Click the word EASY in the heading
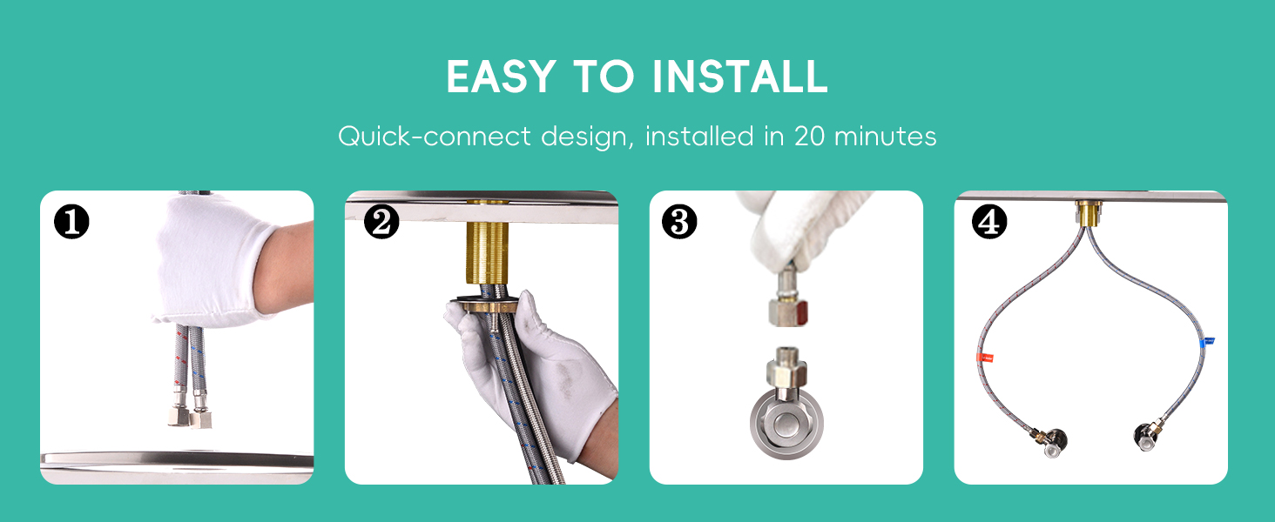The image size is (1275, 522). coord(501,77)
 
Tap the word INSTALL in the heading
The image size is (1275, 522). coord(740,77)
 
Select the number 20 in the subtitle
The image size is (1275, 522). coord(809,137)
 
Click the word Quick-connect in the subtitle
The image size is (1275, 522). coord(435,137)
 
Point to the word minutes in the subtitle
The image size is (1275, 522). coord(885,137)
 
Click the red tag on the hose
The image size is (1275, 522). coord(985,358)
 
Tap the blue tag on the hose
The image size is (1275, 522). coord(1207,341)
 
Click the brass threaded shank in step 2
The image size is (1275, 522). coord(487,252)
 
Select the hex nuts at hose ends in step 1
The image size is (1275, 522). coord(190,417)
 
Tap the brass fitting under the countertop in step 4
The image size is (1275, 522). coord(1089,213)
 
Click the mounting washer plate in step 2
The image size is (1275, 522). coord(484,304)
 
